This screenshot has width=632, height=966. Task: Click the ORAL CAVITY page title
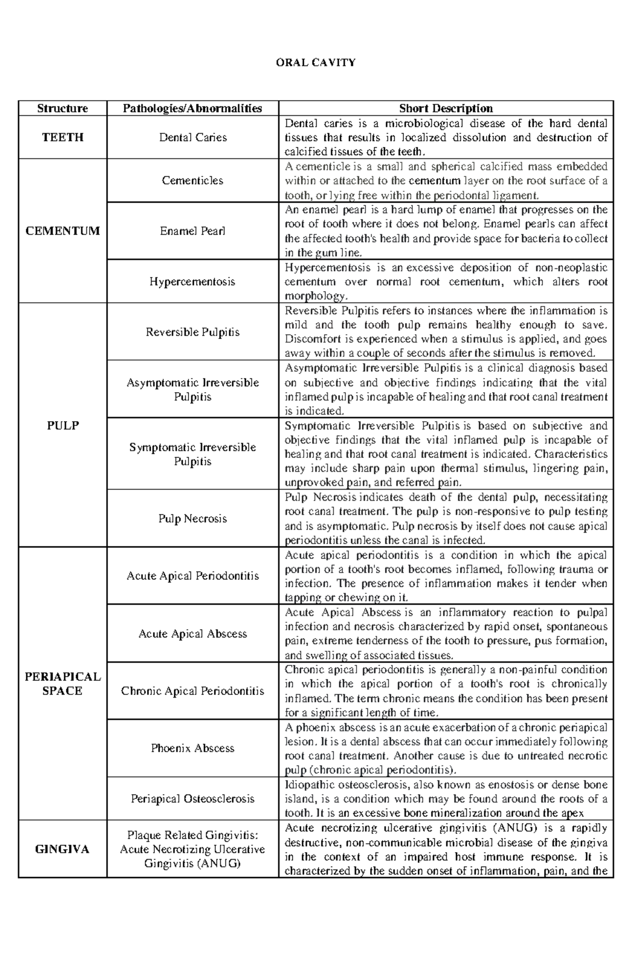pos(315,63)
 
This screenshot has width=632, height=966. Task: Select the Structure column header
pos(62,108)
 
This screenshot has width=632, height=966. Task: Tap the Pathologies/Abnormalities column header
pos(192,108)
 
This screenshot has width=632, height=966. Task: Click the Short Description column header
pos(446,108)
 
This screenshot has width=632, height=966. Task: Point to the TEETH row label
pos(62,137)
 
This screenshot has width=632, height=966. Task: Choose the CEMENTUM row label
pos(62,231)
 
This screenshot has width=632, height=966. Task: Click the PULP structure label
pos(62,425)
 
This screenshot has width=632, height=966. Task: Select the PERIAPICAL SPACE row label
pos(62,684)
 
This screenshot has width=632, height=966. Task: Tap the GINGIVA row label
pos(62,850)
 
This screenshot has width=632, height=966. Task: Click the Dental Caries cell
pos(192,137)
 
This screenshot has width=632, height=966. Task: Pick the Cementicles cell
pos(192,181)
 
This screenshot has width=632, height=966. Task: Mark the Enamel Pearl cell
pos(192,231)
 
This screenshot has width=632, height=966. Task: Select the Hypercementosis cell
pos(192,282)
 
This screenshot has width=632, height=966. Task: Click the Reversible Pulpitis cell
pos(192,332)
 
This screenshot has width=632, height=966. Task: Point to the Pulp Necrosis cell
pos(192,519)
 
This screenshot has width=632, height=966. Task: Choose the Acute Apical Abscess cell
pos(192,634)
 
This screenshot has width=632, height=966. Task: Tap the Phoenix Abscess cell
pos(192,748)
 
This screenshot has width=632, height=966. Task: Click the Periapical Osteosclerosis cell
pos(192,799)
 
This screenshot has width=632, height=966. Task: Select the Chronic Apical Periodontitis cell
pos(192,691)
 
